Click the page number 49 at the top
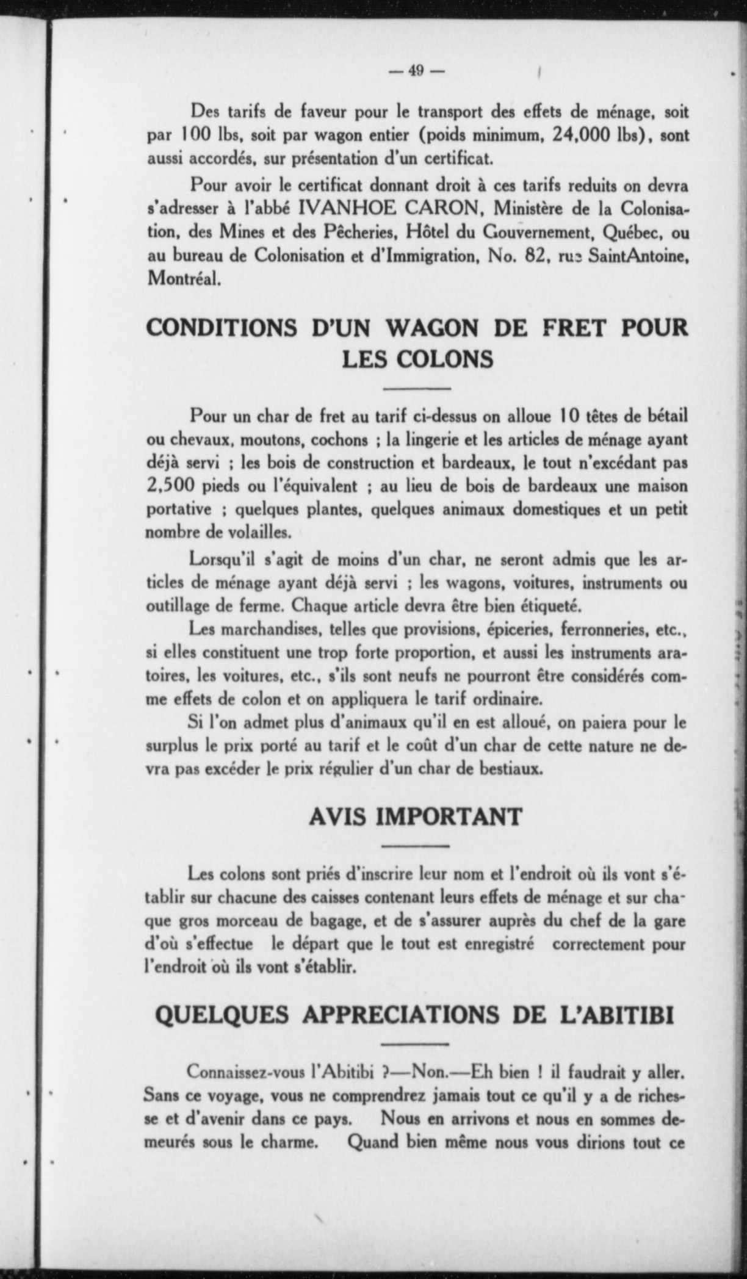point(416,71)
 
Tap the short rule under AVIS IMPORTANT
point(416,846)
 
